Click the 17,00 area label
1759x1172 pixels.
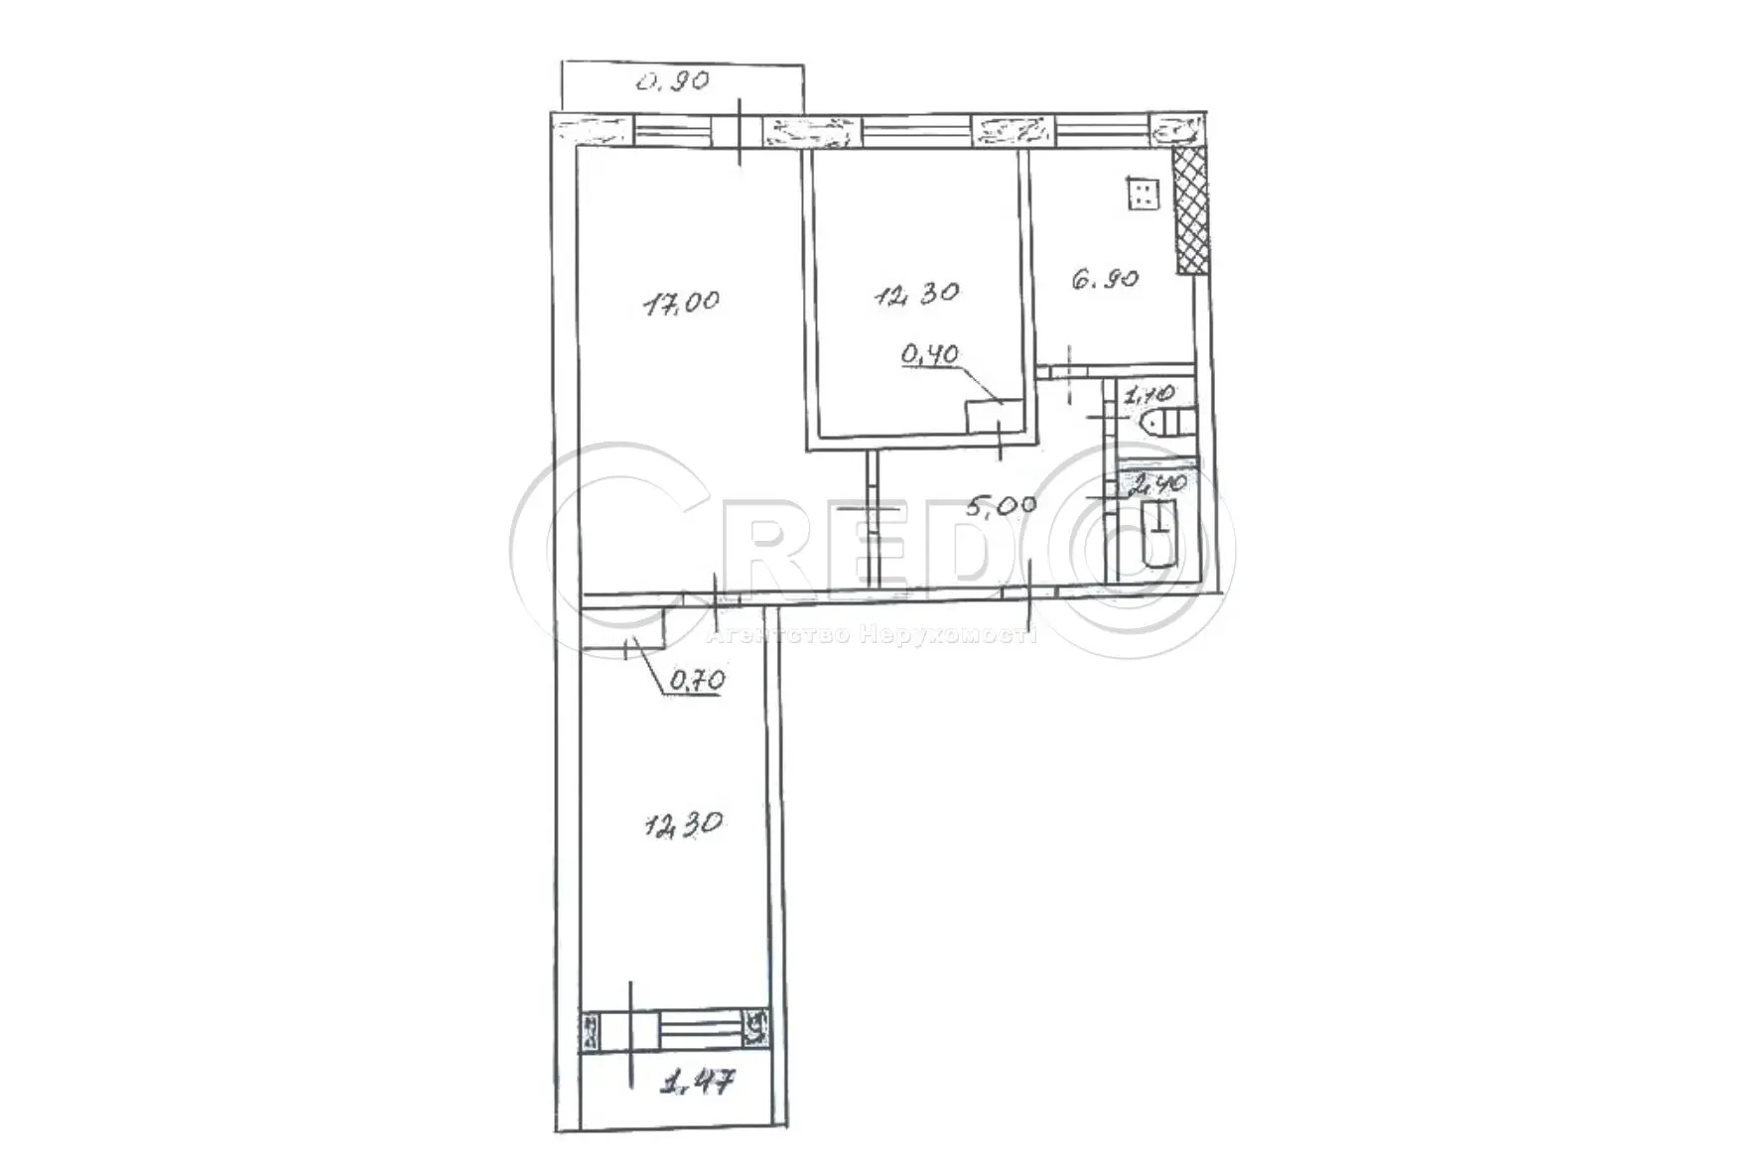pos(682,301)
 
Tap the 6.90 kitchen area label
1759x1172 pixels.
pos(1104,280)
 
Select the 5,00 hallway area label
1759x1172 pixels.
pos(1001,505)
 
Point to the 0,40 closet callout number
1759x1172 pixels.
pos(929,352)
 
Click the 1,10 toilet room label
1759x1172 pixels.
pos(1148,395)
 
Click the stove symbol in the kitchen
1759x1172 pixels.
pos(1143,194)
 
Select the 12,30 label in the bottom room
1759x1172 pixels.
pos(682,824)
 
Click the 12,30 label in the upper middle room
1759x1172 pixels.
pos(916,294)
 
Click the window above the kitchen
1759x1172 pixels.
pos(1102,130)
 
